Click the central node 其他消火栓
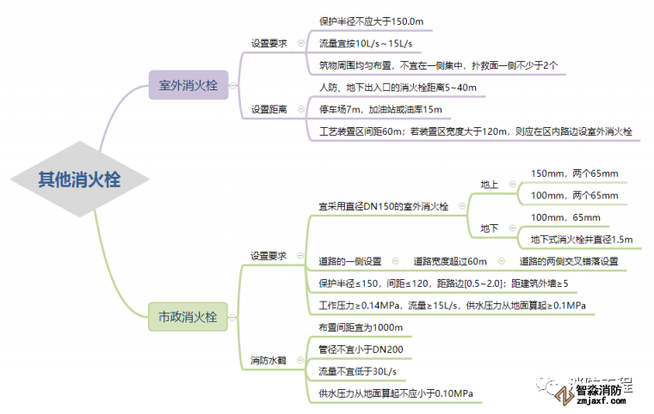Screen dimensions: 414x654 [x=79, y=180]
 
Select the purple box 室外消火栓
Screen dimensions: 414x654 [x=188, y=86]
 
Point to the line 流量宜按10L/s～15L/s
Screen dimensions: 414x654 [x=364, y=42]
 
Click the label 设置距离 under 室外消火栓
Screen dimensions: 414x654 [x=268, y=109]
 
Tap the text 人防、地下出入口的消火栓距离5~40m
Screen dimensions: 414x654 [x=392, y=88]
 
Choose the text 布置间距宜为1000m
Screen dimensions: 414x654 [x=360, y=327]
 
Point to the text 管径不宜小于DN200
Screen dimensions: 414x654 [x=360, y=349]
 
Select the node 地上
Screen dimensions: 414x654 [x=490, y=185]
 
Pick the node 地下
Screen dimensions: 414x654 [x=490, y=228]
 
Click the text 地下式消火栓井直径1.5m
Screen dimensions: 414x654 [x=581, y=239]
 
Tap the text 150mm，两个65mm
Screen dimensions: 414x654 [x=574, y=174]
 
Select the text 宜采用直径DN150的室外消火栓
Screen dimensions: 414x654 [x=383, y=206]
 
